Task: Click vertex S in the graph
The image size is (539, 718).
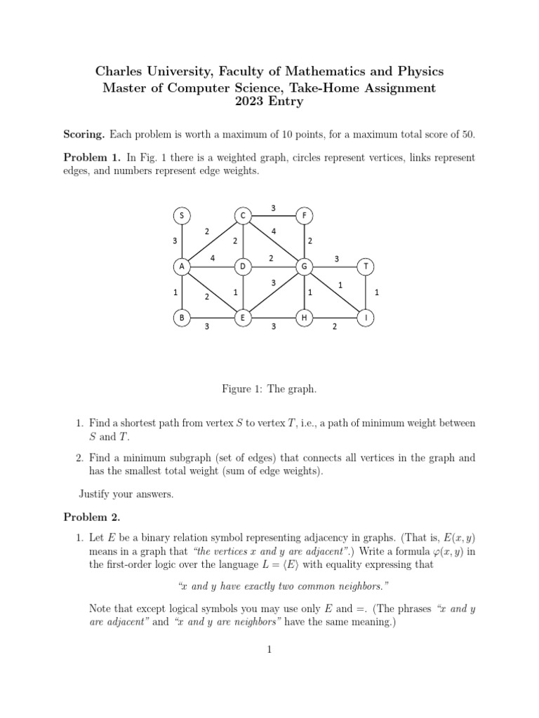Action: pos(182,215)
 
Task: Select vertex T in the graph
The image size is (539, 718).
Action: pos(366,266)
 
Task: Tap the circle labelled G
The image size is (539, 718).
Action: pos(305,266)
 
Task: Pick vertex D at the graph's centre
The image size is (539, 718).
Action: pos(243,266)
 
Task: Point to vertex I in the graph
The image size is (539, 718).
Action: pos(366,318)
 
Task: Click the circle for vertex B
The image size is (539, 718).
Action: pos(182,318)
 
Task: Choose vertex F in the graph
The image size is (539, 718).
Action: pos(305,215)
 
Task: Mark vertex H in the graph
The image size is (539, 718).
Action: pos(305,318)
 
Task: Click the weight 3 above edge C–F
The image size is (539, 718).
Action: pos(273,207)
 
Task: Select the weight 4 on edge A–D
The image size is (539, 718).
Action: pos(212,258)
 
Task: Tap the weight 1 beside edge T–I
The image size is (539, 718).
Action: pos(377,292)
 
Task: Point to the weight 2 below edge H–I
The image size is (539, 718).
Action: pos(335,327)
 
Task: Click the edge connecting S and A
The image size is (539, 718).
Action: pos(182,241)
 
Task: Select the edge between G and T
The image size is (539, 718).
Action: pos(335,266)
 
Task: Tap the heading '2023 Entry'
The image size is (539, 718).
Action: pos(269,102)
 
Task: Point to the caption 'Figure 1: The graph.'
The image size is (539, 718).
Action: pos(269,388)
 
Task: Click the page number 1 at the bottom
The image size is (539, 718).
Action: pos(269,650)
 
